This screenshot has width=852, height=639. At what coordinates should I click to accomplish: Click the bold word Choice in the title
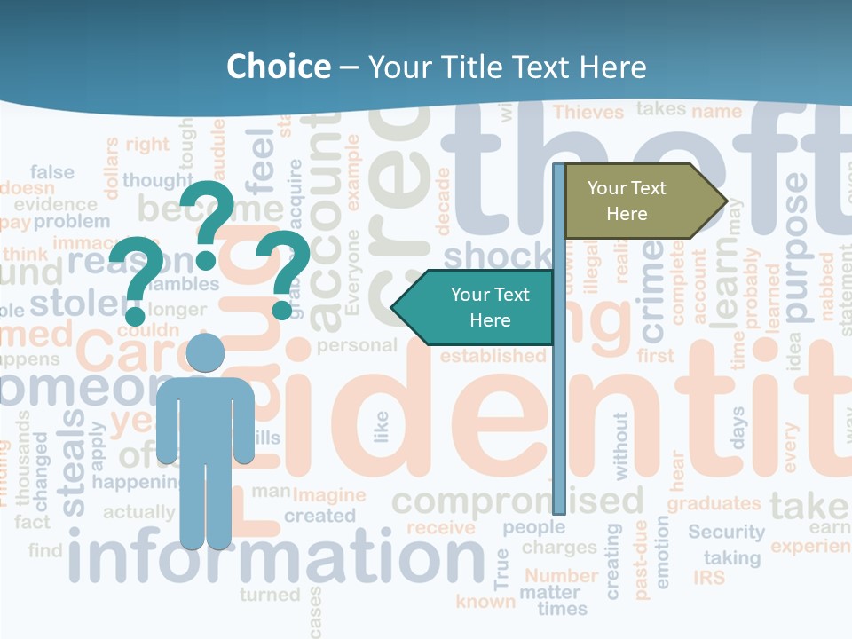tap(278, 67)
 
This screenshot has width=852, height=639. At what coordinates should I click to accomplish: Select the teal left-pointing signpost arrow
tap(476, 307)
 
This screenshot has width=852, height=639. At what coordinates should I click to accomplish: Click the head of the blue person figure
tap(205, 354)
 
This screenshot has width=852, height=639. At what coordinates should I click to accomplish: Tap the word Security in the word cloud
tap(726, 532)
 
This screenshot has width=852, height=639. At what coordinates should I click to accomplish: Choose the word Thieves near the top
tap(588, 112)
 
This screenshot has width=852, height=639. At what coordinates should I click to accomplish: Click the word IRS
tap(709, 578)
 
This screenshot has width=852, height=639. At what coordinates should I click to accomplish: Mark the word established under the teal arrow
tap(493, 356)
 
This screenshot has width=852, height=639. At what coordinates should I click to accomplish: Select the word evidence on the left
tap(43, 204)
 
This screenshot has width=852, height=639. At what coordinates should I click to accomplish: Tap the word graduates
tap(714, 503)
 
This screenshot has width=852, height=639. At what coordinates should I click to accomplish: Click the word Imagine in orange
tap(328, 495)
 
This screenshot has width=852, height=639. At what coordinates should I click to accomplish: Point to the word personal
tap(357, 345)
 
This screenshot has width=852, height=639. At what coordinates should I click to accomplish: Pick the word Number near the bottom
tap(561, 575)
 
